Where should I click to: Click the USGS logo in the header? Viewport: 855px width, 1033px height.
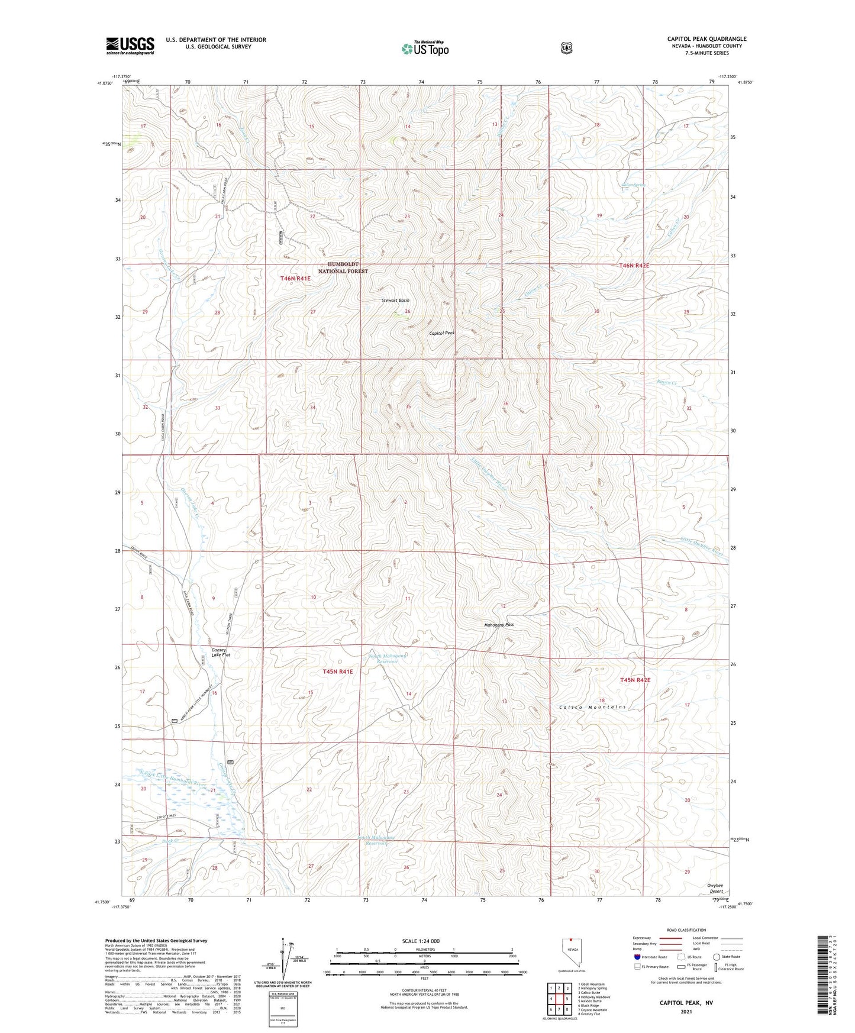[130, 45]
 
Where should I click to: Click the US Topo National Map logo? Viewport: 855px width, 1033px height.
[424, 49]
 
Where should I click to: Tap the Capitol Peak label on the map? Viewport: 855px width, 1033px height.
[442, 334]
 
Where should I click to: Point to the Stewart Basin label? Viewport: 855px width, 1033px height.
[395, 301]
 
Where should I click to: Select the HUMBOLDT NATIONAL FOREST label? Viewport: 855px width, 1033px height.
[343, 267]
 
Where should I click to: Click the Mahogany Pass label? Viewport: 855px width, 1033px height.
[499, 625]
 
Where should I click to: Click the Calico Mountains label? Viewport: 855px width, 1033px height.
[592, 707]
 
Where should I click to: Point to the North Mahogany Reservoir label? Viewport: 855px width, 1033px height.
[388, 658]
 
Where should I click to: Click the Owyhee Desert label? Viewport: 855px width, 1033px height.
[715, 888]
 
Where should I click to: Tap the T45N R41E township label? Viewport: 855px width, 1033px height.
[338, 672]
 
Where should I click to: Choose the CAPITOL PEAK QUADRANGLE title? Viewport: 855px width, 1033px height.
[706, 39]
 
